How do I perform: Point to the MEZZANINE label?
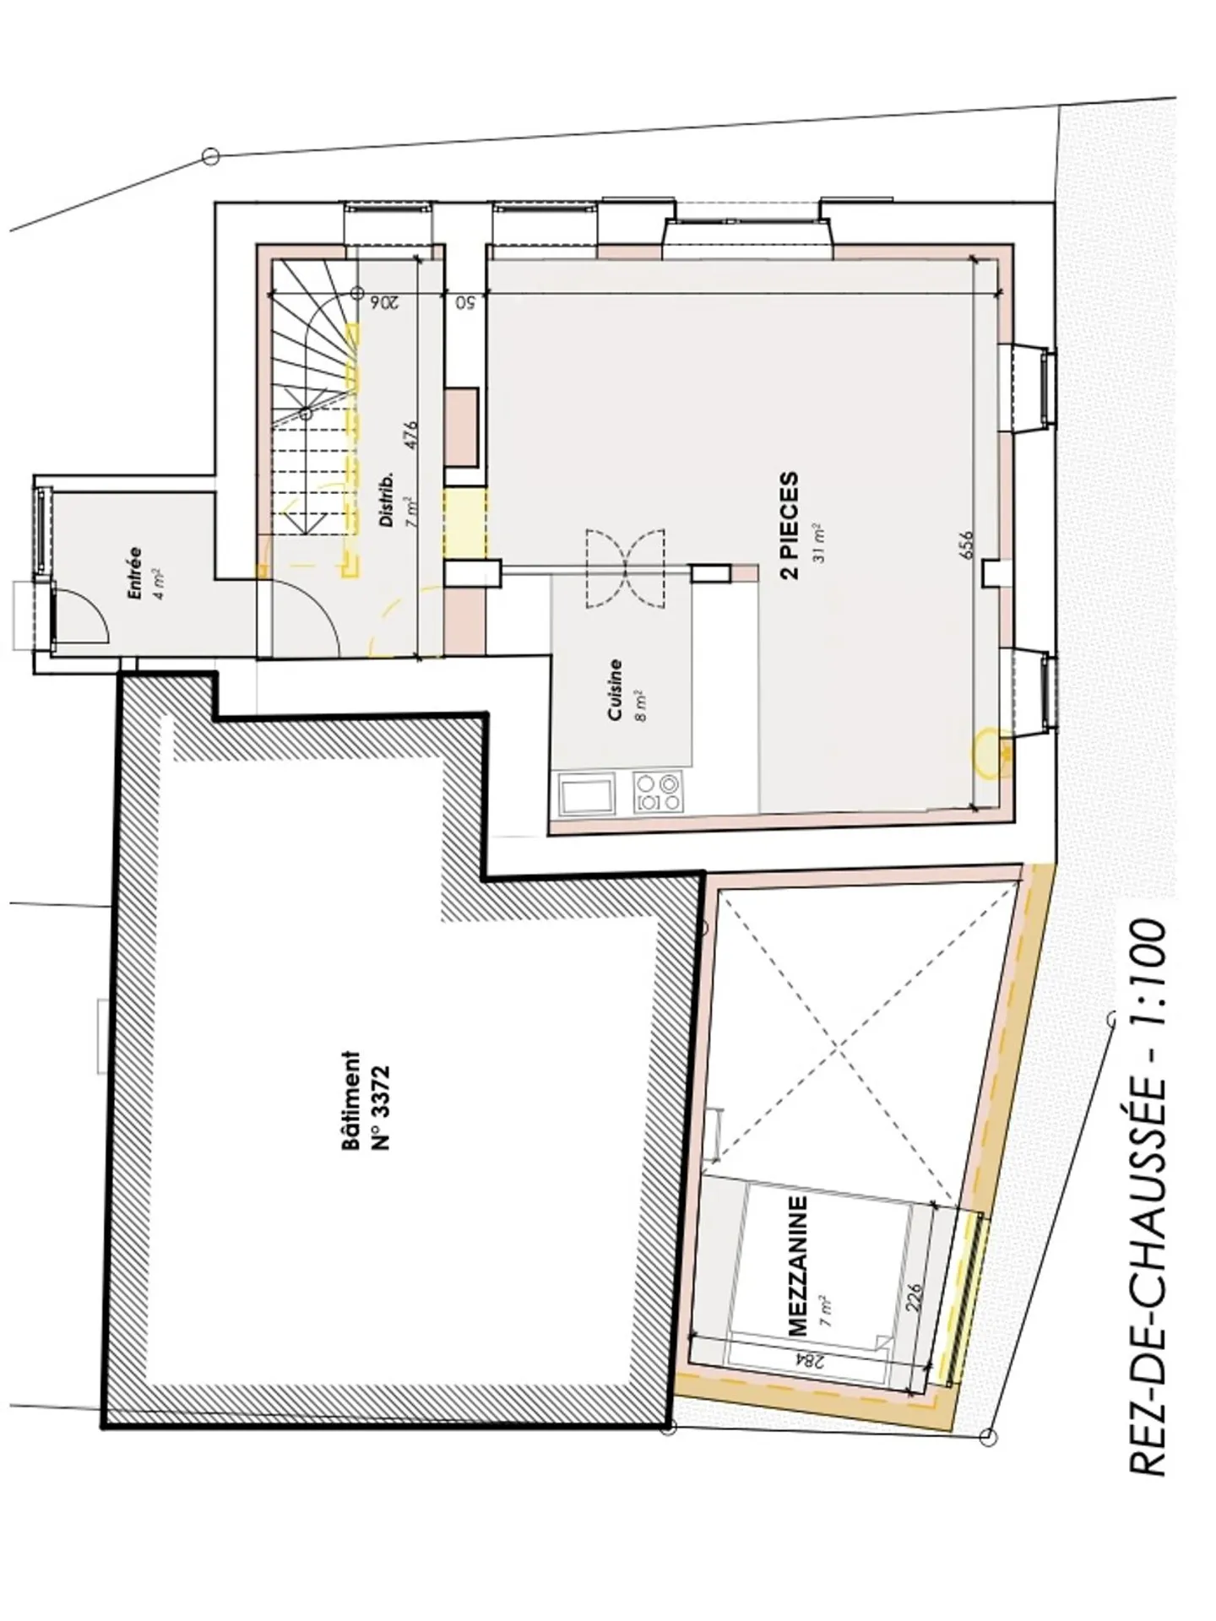pos(797,1264)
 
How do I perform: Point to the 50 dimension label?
pos(464,301)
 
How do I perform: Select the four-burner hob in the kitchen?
pos(659,793)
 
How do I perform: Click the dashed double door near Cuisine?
pos(626,567)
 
